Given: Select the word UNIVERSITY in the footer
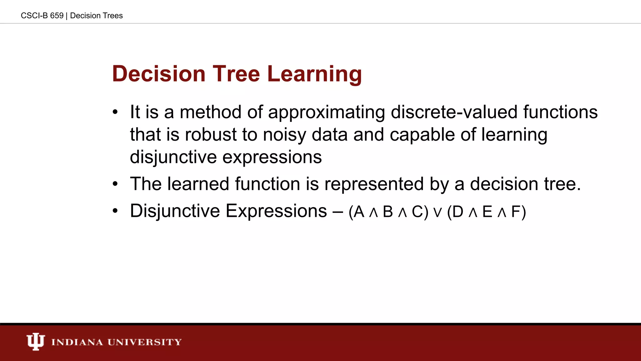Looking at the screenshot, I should click(x=145, y=342).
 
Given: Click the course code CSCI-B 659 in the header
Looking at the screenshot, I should click(x=42, y=16).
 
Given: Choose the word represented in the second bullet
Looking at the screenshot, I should click(x=374, y=184).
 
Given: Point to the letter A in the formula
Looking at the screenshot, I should click(x=359, y=212).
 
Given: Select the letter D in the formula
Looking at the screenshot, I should click(x=458, y=212).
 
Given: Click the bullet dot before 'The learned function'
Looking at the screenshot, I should click(x=115, y=184).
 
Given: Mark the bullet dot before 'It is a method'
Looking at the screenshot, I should click(x=115, y=112).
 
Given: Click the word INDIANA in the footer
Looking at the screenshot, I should click(x=77, y=342).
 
